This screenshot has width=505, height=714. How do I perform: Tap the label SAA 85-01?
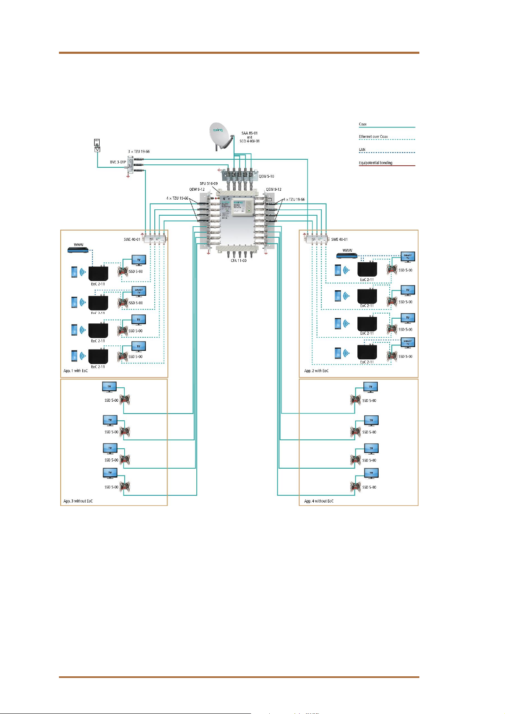(x=249, y=133)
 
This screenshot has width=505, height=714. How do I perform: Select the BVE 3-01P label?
(x=118, y=162)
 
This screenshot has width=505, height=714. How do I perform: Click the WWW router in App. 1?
(x=78, y=250)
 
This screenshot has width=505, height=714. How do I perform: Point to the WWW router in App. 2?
(x=347, y=256)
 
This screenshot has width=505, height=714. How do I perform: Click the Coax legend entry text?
(x=363, y=124)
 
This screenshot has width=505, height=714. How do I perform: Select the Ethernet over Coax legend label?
(x=373, y=136)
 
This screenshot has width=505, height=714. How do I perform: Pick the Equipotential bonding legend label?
(x=375, y=163)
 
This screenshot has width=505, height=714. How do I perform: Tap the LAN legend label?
(x=362, y=150)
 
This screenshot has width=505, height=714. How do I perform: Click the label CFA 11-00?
(x=239, y=261)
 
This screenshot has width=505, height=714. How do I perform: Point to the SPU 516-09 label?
(x=209, y=183)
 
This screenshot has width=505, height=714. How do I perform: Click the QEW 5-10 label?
(x=267, y=176)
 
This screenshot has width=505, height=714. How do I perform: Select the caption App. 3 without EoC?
(x=78, y=501)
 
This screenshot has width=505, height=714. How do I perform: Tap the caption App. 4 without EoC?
(x=319, y=501)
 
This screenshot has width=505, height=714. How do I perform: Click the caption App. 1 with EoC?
(x=75, y=371)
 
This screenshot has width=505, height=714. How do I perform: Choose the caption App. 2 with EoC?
(x=316, y=371)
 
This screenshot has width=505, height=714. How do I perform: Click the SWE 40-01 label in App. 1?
(x=132, y=239)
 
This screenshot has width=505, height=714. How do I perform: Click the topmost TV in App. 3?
(x=109, y=386)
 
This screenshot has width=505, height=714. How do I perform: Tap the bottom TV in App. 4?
(x=371, y=473)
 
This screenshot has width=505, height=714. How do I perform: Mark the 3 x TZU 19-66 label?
(x=139, y=151)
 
